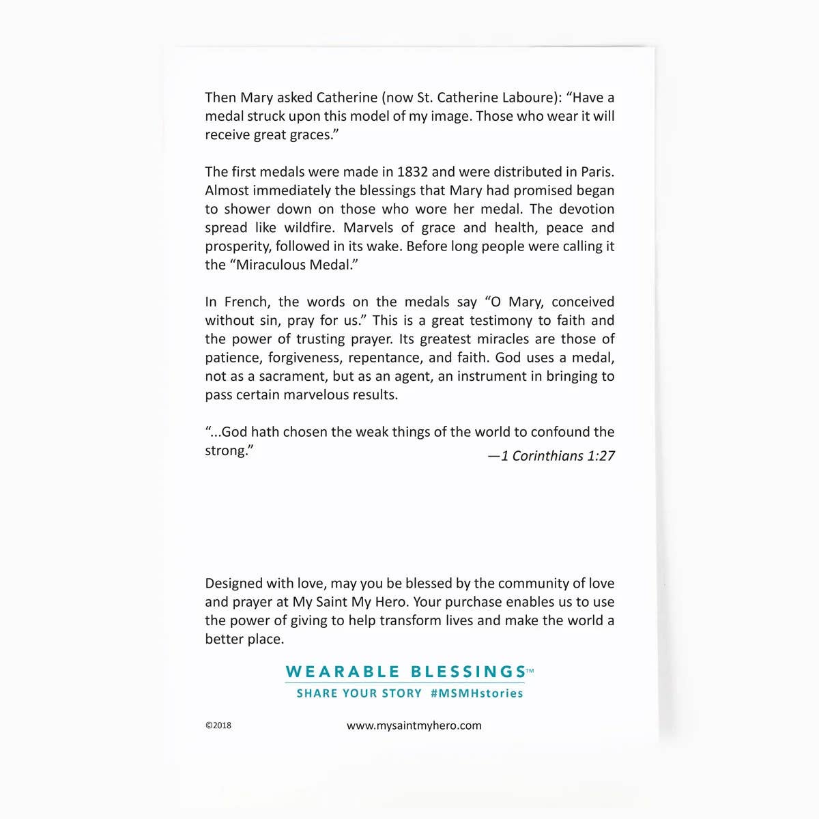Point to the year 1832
412,172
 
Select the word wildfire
310,228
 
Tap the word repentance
384,358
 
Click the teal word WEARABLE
342,672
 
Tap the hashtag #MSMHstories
476,693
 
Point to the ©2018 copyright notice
218,725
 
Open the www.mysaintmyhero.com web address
414,725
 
